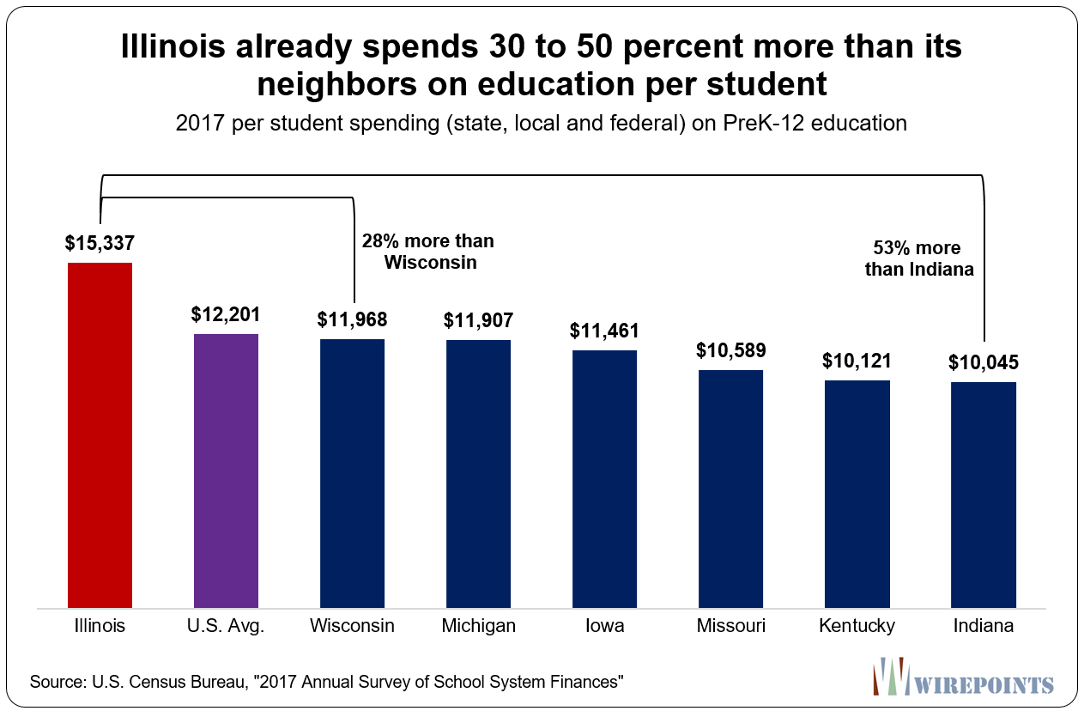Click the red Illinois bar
100,435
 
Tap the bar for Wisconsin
352,474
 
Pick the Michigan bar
478,474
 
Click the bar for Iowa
604,479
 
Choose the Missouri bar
730,489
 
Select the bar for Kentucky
857,495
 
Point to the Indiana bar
983,495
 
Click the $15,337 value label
100,243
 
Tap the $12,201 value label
226,314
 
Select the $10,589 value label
730,350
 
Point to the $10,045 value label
983,362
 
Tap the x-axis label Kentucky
857,626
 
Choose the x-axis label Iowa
604,626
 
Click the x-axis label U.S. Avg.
227,626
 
